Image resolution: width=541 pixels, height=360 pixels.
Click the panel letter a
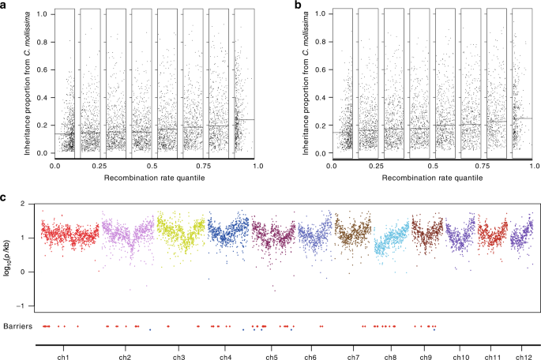coord(5,6)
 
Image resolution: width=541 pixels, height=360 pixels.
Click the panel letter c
coord(5,198)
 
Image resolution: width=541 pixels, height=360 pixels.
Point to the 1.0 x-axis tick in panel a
coord(257,167)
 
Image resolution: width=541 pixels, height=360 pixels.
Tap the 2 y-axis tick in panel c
coord(32,203)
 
